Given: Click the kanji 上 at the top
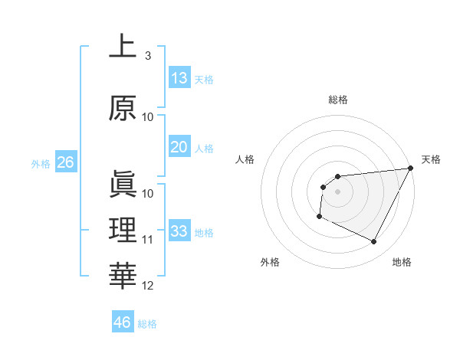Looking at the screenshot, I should (122, 47).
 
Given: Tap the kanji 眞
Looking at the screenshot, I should (122, 185).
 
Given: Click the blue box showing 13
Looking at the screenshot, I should (179, 78).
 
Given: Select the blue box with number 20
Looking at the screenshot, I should (179, 147).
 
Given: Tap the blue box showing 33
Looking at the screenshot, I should (179, 231).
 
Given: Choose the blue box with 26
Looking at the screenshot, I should (65, 162).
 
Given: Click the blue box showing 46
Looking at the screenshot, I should (122, 322).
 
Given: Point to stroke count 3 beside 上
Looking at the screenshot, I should (147, 56).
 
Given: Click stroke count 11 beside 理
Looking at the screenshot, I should (148, 240).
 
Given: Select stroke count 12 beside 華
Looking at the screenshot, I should (148, 286).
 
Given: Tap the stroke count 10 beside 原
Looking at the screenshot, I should (148, 117).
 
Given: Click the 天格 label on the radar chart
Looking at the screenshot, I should (431, 159).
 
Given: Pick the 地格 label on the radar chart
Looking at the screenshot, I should (402, 262).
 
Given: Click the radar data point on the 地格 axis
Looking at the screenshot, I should (374, 242).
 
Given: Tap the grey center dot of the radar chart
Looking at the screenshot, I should (337, 191).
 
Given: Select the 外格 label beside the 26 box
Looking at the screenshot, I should (40, 163).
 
